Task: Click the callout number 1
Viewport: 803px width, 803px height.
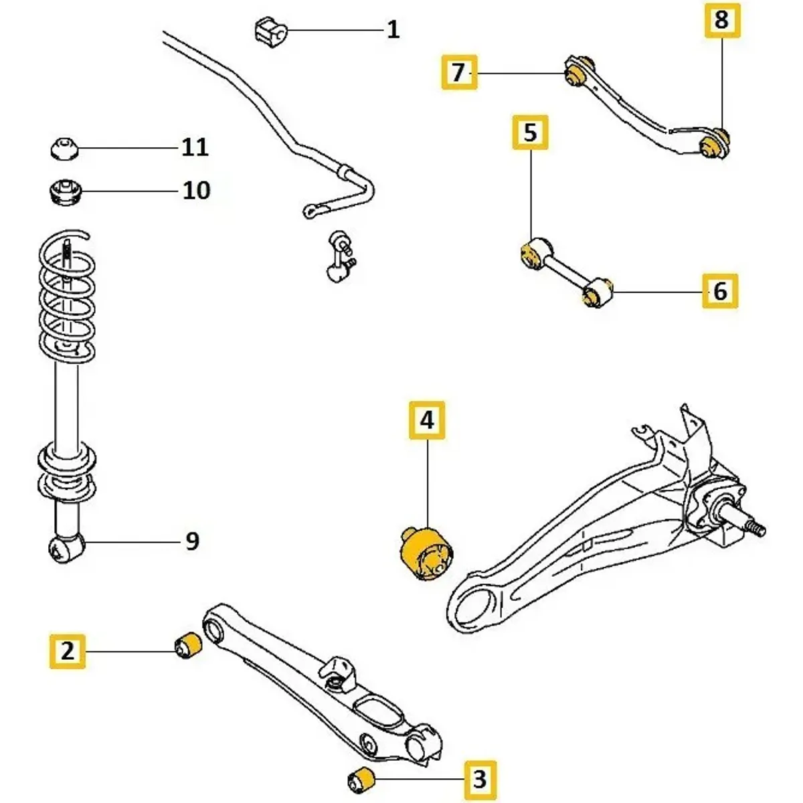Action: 393,29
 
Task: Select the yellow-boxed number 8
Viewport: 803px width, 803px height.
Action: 721,20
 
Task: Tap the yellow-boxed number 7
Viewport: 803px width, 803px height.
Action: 458,72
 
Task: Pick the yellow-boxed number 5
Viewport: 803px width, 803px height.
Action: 530,132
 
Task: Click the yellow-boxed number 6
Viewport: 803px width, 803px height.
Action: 719,291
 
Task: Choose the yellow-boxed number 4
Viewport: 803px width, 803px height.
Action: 427,420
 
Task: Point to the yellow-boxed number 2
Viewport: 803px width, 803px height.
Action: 68,650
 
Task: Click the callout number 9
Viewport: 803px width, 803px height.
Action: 192,541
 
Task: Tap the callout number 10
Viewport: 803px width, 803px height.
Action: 196,191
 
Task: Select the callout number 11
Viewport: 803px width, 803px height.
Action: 195,147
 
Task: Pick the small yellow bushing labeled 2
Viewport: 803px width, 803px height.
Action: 188,644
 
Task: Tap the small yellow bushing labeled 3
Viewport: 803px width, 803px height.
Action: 362,779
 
